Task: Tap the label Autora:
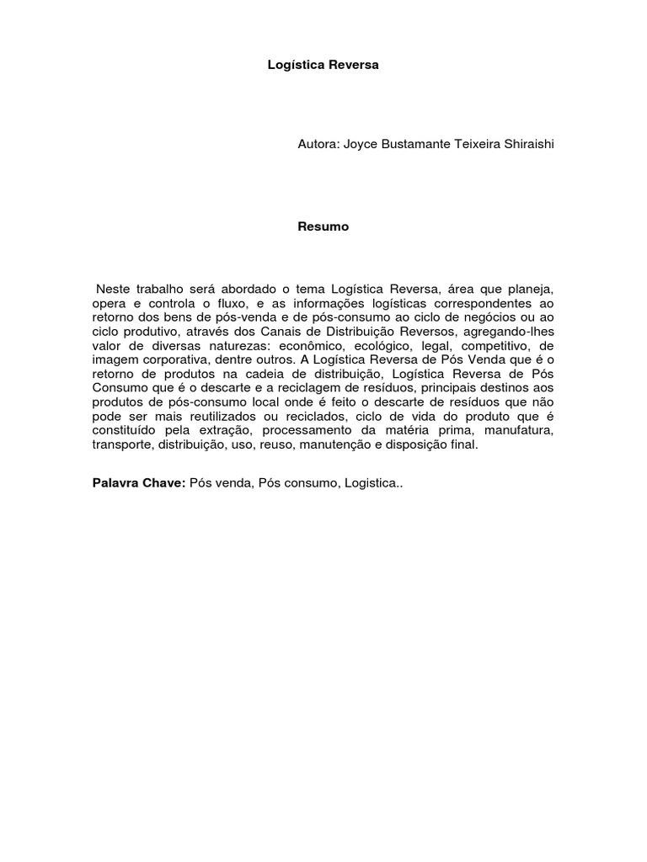tap(318, 145)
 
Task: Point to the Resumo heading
tap(323, 226)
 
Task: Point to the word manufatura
tap(520, 430)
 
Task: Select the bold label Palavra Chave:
tap(138, 486)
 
